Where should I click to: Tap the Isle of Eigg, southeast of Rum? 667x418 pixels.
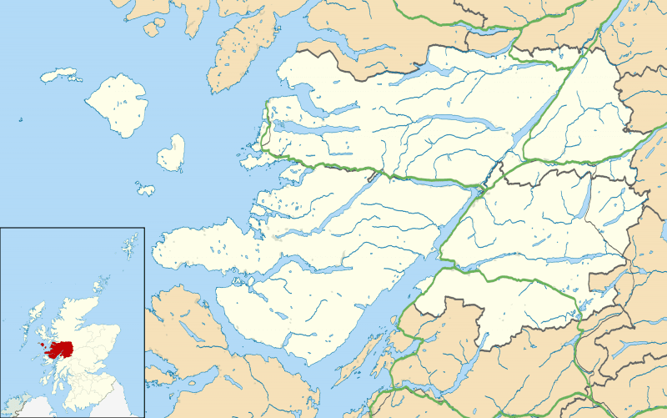(172, 153)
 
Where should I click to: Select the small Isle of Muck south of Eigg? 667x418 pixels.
(146, 189)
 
